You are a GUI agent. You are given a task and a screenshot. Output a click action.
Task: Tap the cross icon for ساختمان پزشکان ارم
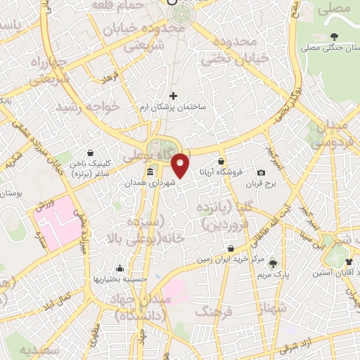[x=174, y=96]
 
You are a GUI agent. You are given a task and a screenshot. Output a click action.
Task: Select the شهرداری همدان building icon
[x=150, y=172]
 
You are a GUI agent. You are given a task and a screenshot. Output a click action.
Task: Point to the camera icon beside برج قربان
[x=262, y=172]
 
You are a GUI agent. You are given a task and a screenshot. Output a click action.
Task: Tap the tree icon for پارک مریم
[x=273, y=263]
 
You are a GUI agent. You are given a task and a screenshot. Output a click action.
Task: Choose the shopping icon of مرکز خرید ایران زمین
[x=231, y=248]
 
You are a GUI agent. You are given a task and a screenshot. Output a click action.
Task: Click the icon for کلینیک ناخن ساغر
[x=90, y=152]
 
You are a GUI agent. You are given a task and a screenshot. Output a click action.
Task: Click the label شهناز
[x=273, y=308]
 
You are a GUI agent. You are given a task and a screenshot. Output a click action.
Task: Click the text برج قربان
[x=262, y=184]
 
